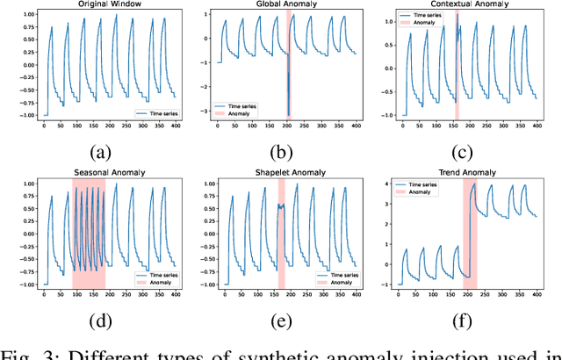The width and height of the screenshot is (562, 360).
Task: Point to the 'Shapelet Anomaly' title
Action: (x=281, y=174)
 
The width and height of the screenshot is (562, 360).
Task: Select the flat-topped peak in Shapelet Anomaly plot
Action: (x=282, y=206)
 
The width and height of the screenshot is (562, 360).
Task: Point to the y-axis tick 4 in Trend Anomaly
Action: (x=389, y=183)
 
